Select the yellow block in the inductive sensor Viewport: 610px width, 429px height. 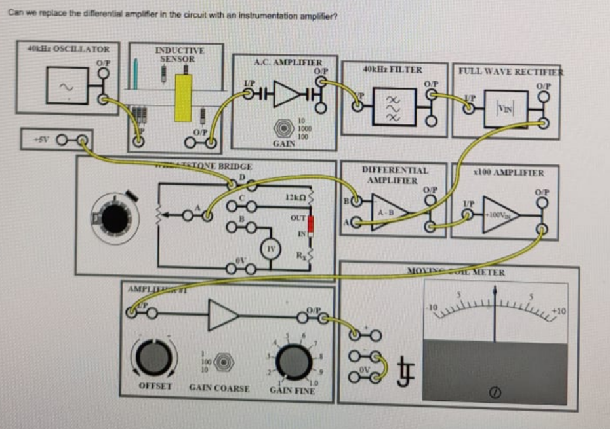[183, 98]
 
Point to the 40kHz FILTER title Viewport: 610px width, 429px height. [392, 69]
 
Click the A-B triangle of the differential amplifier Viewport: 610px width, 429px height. [390, 211]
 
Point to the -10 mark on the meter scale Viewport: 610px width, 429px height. [430, 307]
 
